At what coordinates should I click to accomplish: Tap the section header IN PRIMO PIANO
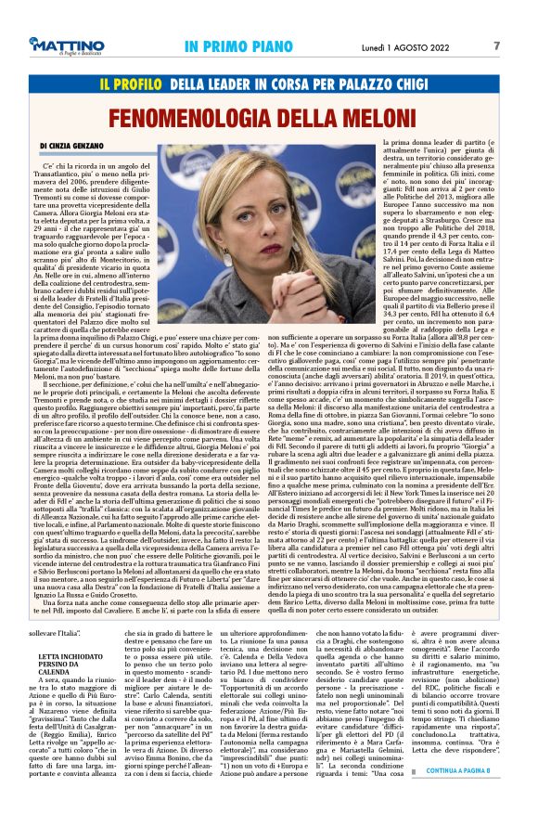[x=235, y=45]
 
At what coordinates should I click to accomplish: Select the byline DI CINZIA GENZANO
[x=78, y=147]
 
